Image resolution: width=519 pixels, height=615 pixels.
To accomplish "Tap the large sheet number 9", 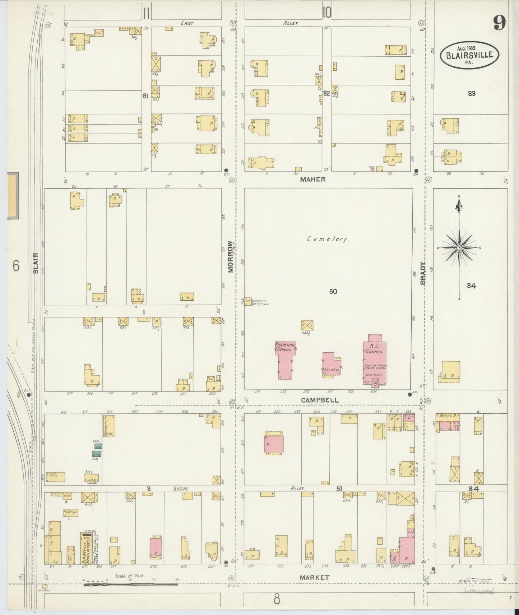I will (x=499, y=24).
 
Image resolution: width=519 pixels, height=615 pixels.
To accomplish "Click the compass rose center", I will (x=459, y=248).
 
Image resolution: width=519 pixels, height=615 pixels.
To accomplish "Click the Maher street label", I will (x=313, y=179).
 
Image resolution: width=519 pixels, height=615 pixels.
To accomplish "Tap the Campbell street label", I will (x=320, y=400).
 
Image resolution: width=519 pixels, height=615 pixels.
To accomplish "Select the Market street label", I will (x=315, y=577).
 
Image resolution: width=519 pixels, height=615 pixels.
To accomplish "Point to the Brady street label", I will (x=423, y=273).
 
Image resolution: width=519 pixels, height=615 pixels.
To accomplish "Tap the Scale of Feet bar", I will (x=130, y=584).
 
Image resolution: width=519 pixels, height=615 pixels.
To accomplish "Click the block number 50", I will (x=333, y=291).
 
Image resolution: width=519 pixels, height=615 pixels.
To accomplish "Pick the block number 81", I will (x=145, y=96).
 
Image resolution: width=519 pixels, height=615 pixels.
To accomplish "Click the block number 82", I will (x=326, y=93).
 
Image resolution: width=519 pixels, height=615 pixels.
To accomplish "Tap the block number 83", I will (x=471, y=93).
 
